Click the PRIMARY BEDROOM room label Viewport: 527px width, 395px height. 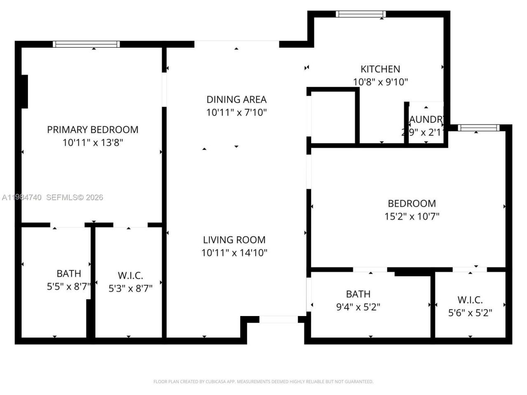pos(93,130)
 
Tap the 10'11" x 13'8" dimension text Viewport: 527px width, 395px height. pos(93,143)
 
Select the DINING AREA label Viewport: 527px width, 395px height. pos(236,99)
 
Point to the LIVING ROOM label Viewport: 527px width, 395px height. pos(234,239)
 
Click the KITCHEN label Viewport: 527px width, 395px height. pos(380,69)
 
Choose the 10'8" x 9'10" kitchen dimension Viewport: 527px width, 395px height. pos(380,82)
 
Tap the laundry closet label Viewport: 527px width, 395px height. pos(426,120)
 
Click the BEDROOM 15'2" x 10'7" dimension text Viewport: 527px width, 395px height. pos(412,216)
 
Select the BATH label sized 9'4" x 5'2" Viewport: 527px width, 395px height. pos(358,294)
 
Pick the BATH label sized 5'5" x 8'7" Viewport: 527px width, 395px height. pos(69,274)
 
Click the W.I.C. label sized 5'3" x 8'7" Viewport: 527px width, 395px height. pos(130,276)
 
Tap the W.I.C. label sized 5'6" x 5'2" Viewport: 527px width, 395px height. pos(470,300)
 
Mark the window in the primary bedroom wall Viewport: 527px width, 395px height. pos(86,44)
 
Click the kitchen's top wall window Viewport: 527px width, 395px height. pos(361,14)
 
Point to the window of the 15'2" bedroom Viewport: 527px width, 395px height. pos(478,128)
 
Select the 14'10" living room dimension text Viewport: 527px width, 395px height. pos(234,253)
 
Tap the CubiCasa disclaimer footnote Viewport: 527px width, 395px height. pos(263,381)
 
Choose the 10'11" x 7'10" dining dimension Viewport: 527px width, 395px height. pos(236,112)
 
